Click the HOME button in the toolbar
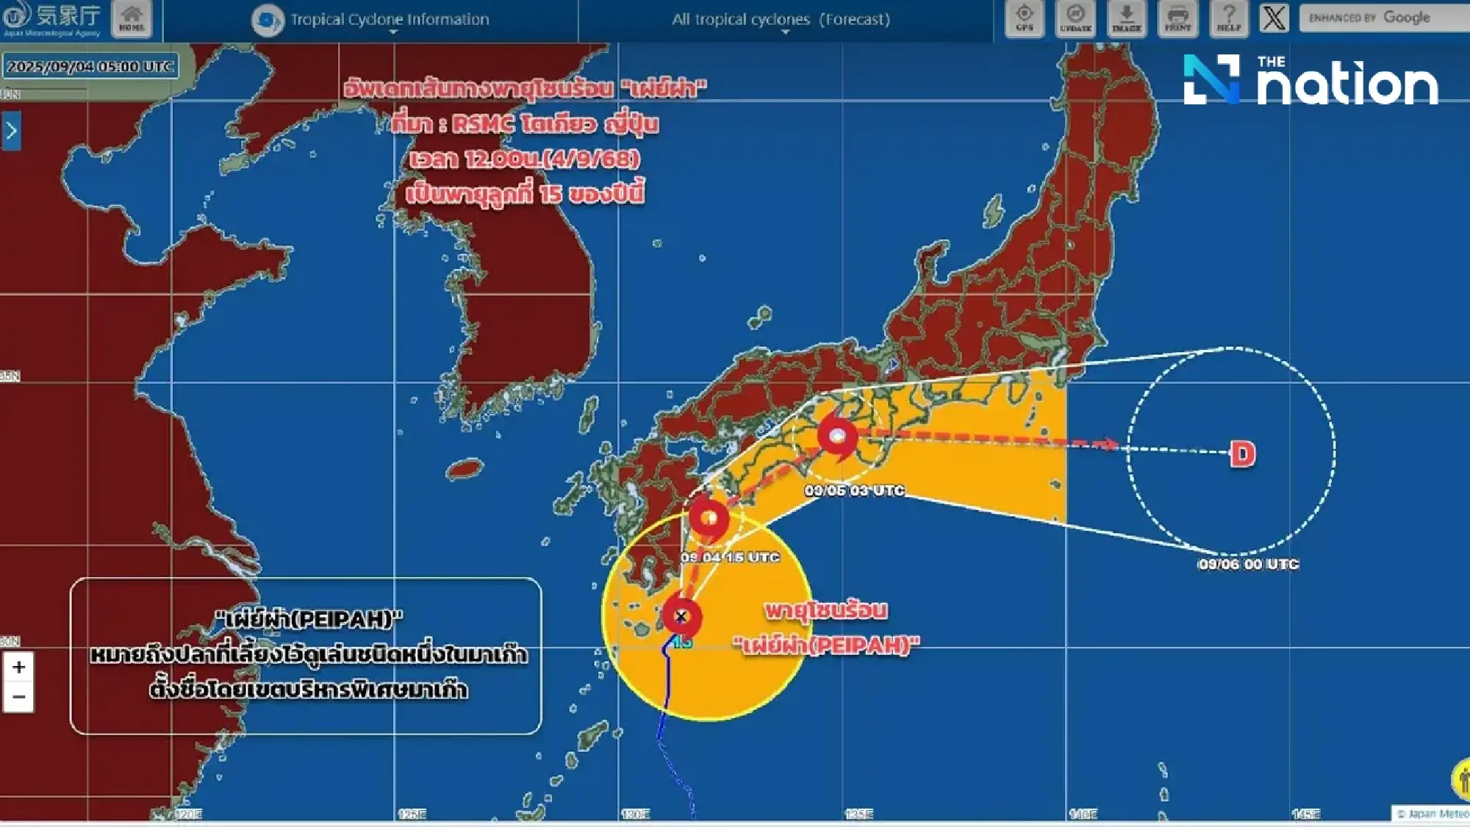pos(132,18)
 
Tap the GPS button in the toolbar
pos(1024,18)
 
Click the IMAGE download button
pos(1126,18)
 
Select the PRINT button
pos(1177,18)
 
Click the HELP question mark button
pos(1228,18)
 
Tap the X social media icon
pos(1274,18)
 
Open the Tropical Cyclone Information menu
pos(389,20)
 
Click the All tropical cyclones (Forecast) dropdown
pos(781,20)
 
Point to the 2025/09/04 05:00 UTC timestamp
pos(90,66)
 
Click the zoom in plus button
pos(19,667)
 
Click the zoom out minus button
pos(19,697)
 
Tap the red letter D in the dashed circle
pos(1242,454)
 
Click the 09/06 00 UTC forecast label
pos(1248,565)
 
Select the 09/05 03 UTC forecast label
pos(854,490)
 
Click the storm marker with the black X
pos(681,617)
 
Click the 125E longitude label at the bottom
pos(412,814)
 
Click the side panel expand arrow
pos(11,131)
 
